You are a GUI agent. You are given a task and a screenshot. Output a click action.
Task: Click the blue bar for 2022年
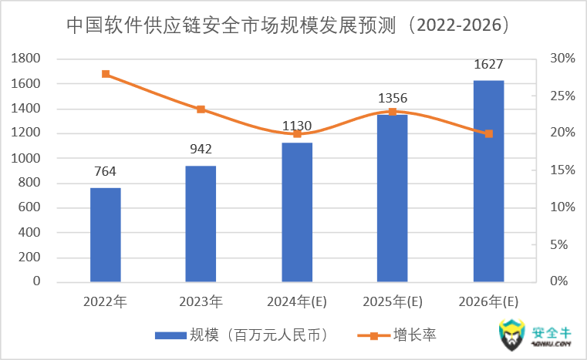point(106,234)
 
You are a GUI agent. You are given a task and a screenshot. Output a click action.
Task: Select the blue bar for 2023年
point(201,224)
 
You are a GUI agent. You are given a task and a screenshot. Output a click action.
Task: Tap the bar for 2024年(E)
point(297,212)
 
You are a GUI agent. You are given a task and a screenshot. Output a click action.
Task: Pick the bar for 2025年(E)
point(392,198)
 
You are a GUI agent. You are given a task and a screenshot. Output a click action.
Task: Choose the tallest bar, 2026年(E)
point(488,181)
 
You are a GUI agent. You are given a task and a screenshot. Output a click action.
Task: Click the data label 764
point(106,173)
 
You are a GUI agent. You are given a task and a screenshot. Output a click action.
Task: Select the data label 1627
point(488,65)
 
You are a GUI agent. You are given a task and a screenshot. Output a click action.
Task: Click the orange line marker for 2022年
point(106,74)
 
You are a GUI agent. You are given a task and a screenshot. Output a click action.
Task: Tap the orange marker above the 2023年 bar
point(201,109)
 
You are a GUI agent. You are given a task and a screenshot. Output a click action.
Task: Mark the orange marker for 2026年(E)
point(488,133)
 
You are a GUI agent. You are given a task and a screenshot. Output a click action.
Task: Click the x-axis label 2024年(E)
point(297,301)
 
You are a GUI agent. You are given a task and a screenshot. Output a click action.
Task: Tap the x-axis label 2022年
point(106,301)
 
